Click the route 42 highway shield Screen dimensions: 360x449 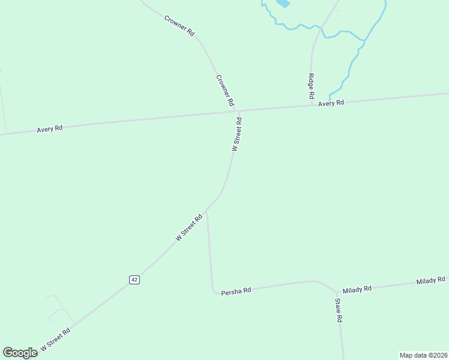pyautogui.click(x=134, y=280)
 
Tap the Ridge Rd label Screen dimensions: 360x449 pyautogui.click(x=311, y=86)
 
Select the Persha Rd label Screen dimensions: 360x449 pyautogui.click(x=236, y=290)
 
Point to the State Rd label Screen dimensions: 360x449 pyautogui.click(x=339, y=310)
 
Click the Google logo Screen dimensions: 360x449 pyautogui.click(x=20, y=352)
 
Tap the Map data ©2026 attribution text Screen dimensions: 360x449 pyautogui.click(x=423, y=355)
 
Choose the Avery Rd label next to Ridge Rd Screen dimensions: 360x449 pyautogui.click(x=331, y=103)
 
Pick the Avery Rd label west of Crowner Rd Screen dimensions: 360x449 pyautogui.click(x=49, y=129)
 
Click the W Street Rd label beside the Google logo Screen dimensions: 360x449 pyautogui.click(x=55, y=339)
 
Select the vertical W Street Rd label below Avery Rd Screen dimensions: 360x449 pyautogui.click(x=237, y=134)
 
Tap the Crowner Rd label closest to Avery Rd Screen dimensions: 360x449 pyautogui.click(x=224, y=91)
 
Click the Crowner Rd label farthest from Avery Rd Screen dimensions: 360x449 pyautogui.click(x=179, y=26)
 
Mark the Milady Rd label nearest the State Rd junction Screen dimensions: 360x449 pyautogui.click(x=357, y=289)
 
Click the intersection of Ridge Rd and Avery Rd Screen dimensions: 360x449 pyautogui.click(x=312, y=106)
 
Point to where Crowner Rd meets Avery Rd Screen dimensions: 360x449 pyautogui.click(x=238, y=111)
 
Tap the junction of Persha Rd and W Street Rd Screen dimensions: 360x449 pyautogui.click(x=206, y=212)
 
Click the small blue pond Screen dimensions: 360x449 pyautogui.click(x=282, y=3)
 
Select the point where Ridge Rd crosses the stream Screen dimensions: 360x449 pyautogui.click(x=322, y=28)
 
